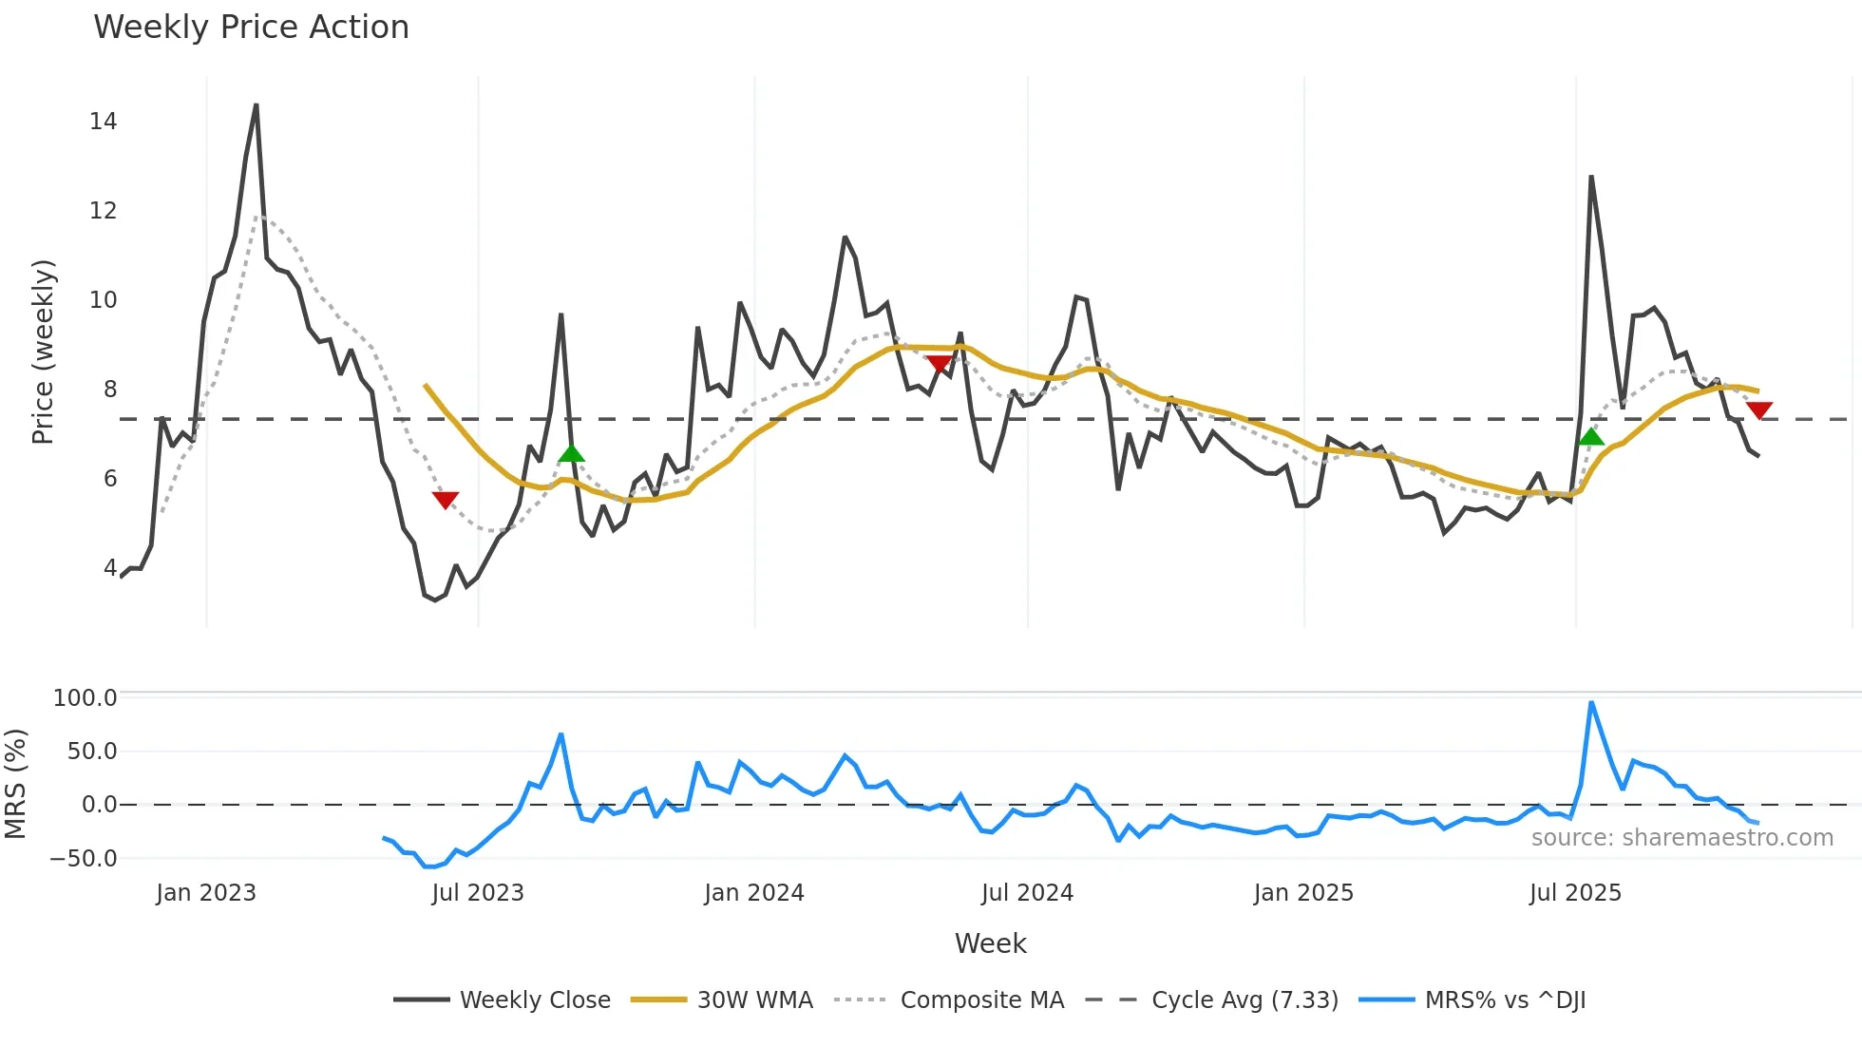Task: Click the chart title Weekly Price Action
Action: [x=251, y=28]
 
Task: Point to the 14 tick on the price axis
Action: [x=103, y=122]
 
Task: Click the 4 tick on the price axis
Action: [x=110, y=568]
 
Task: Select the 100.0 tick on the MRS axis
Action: [x=85, y=698]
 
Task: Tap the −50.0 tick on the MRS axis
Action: [x=83, y=859]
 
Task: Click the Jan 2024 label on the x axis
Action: [x=753, y=893]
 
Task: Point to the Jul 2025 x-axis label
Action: [x=1575, y=893]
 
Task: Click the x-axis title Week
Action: [x=990, y=943]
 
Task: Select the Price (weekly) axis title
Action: [x=43, y=352]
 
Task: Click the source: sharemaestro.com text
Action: [x=1681, y=838]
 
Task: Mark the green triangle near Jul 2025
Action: [x=1590, y=437]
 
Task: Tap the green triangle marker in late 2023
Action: [x=571, y=453]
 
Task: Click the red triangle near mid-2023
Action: [x=446, y=500]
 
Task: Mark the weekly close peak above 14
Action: [x=256, y=105]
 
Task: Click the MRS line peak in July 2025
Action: [x=1591, y=703]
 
